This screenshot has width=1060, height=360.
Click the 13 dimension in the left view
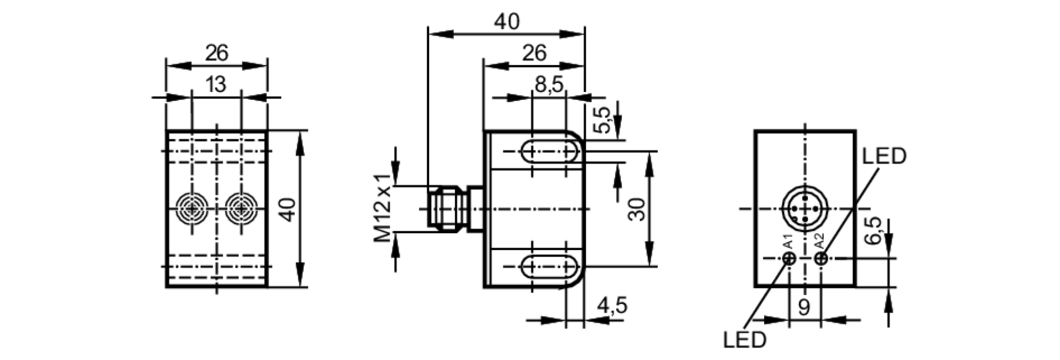(x=216, y=84)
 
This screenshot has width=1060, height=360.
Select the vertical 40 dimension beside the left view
(x=287, y=209)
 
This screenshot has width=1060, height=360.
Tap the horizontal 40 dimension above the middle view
(x=507, y=21)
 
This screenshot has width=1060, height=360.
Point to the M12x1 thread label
(x=382, y=208)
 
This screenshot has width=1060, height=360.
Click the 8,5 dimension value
(x=549, y=84)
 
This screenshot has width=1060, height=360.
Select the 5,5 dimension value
(x=602, y=120)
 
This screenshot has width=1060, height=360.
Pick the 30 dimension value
(x=637, y=209)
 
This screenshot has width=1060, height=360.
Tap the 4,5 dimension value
(x=612, y=306)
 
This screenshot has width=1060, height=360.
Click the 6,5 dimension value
(x=872, y=231)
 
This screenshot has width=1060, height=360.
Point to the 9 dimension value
(x=804, y=308)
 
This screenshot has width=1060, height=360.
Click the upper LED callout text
(x=884, y=156)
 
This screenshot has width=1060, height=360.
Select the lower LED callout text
(x=745, y=340)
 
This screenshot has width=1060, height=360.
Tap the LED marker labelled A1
(x=789, y=259)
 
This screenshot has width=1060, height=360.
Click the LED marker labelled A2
(x=820, y=259)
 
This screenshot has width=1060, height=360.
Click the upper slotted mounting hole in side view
(x=550, y=152)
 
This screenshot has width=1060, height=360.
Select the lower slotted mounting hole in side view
(x=550, y=266)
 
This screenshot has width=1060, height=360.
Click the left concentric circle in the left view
(x=192, y=209)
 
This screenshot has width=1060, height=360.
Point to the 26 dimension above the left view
(x=216, y=53)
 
